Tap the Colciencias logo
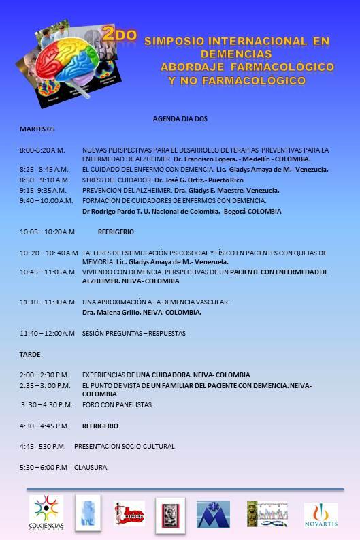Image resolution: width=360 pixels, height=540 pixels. (46, 515)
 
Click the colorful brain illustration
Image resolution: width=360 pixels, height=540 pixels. (67, 65)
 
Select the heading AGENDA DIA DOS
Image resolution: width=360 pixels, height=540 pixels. (180, 118)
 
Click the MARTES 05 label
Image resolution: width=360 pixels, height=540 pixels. (37, 129)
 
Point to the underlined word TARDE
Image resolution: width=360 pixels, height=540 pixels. (29, 355)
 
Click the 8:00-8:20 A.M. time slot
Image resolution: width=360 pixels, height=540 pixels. (42, 150)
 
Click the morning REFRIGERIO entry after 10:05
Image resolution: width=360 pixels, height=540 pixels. (116, 232)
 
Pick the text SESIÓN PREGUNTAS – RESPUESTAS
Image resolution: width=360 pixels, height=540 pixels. (133, 333)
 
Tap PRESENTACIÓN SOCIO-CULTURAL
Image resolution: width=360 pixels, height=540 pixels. (124, 447)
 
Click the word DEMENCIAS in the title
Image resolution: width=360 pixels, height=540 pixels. (238, 54)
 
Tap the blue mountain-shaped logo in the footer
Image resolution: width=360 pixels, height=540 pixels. (213, 515)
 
